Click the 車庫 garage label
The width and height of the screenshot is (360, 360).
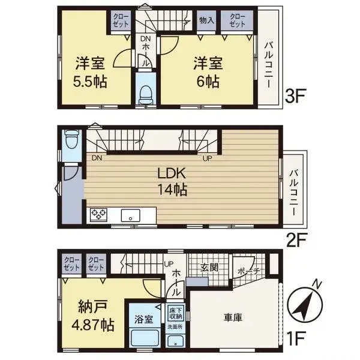click(233, 317)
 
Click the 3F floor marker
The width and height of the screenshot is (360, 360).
click(296, 97)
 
